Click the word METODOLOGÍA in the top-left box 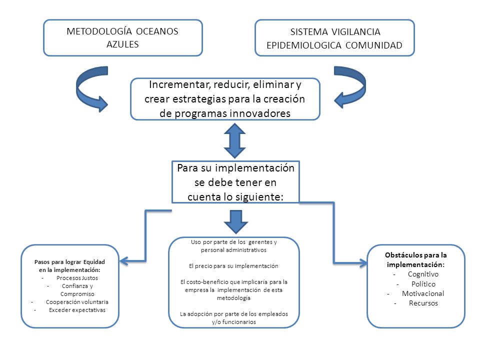99,31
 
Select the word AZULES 122,44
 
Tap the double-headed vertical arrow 235,140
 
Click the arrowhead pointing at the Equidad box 123,261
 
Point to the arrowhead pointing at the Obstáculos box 363,263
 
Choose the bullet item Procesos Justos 77,278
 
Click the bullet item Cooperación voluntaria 77,302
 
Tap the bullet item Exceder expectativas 77,310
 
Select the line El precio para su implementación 233,266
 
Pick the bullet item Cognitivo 423,274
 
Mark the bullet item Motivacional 423,293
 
